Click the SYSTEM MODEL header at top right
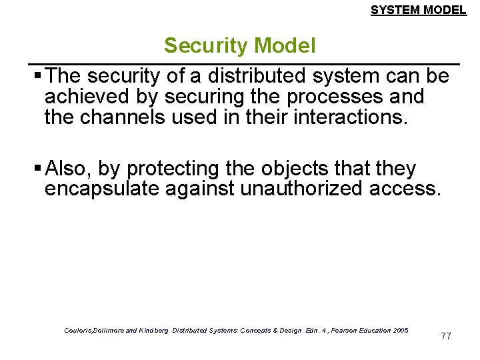419,10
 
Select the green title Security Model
240,46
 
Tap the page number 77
446,336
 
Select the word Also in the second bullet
71,169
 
